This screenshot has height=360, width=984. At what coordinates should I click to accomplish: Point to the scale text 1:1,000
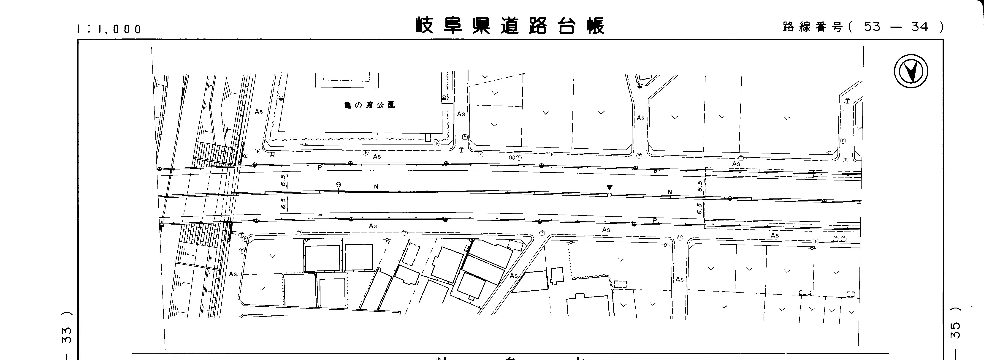(x=109, y=29)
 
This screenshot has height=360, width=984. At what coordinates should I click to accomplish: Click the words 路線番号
(x=812, y=27)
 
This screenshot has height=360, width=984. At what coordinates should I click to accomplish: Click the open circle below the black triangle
(x=609, y=195)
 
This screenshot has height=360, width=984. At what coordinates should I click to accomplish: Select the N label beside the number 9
(x=376, y=187)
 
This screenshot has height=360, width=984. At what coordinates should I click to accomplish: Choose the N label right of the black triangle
(x=670, y=191)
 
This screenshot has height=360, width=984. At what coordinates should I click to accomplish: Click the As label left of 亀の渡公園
(x=259, y=112)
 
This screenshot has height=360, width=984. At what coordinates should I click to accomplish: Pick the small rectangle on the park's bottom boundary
(x=428, y=137)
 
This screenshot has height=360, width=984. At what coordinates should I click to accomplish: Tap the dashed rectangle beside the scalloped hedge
(x=620, y=284)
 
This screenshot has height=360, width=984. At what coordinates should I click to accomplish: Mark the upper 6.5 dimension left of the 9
(x=283, y=180)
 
